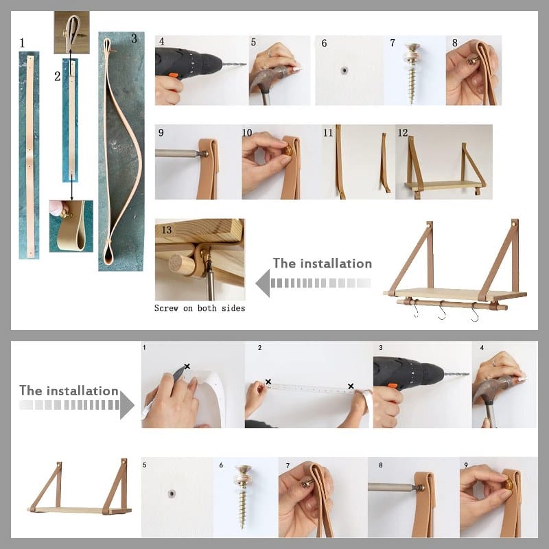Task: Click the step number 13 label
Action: [x=166, y=230]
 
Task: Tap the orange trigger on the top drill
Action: [x=174, y=75]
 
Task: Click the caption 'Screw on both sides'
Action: [x=200, y=308]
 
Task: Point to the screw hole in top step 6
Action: [x=344, y=71]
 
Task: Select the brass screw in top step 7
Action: [x=412, y=73]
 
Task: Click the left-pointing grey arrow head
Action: [x=264, y=283]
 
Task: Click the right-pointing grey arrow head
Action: [x=127, y=405]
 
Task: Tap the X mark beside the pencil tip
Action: [x=187, y=366]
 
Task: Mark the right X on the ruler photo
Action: [x=351, y=386]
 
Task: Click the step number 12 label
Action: [x=403, y=132]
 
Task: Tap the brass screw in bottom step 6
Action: [x=243, y=496]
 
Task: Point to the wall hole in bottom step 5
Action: [x=171, y=494]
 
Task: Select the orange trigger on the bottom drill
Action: [x=392, y=386]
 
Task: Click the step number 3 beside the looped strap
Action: [x=134, y=38]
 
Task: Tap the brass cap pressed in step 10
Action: [x=288, y=151]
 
